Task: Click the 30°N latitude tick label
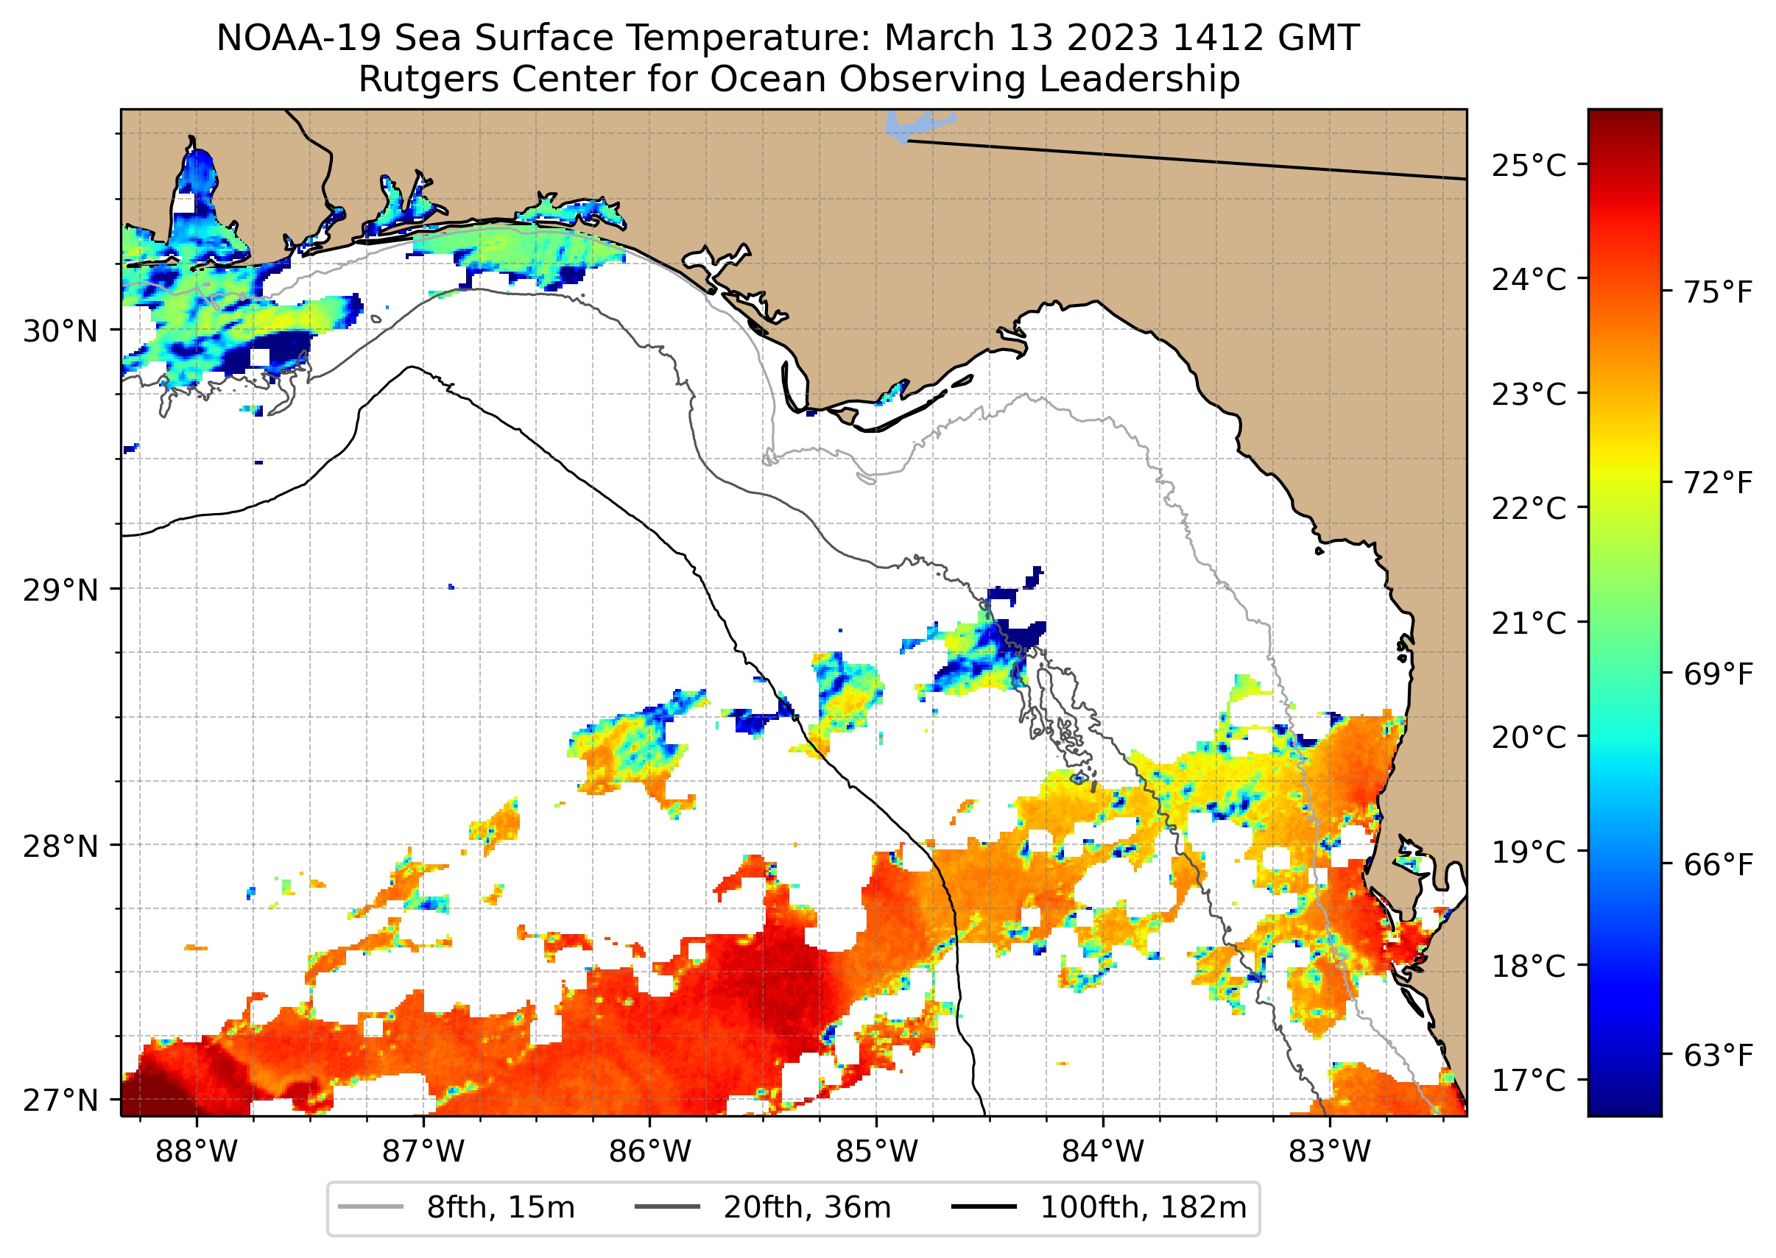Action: [x=60, y=331]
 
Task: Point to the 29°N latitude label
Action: [x=60, y=590]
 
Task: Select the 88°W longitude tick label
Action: [x=196, y=1152]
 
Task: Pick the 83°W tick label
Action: [x=1330, y=1152]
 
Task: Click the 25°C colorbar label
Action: [x=1529, y=166]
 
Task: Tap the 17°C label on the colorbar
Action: [x=1529, y=1080]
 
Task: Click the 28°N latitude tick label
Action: [x=60, y=846]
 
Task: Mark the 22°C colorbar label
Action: [x=1529, y=509]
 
